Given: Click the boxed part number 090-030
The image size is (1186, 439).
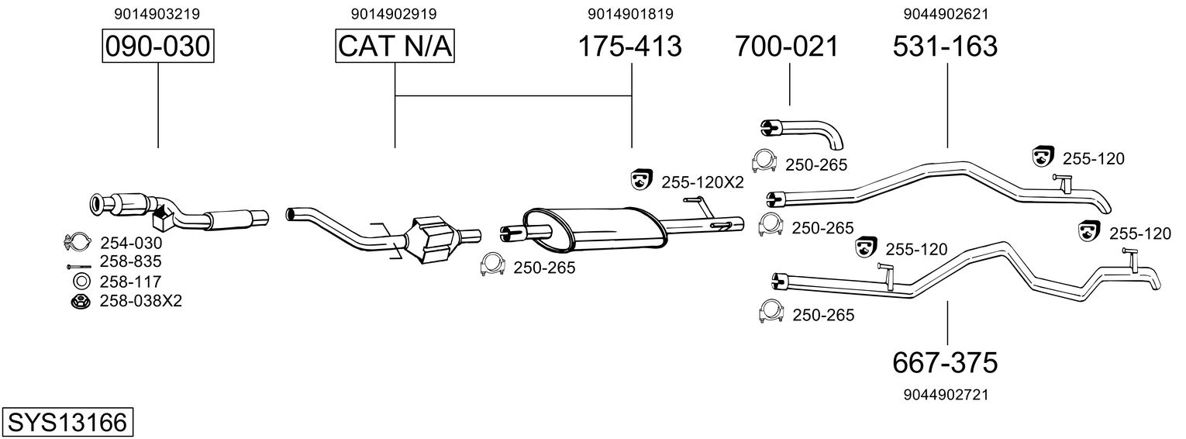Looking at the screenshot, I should click(158, 47).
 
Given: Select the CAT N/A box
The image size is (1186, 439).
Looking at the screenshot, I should click(395, 47).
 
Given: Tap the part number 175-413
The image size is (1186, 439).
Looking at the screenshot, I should click(630, 47).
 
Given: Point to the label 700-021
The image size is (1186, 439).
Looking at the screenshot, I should click(787, 47).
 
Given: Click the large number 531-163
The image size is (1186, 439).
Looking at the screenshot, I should click(945, 47).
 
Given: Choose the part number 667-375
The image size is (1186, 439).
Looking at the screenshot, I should click(945, 361).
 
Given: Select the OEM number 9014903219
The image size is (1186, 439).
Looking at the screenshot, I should click(157, 14).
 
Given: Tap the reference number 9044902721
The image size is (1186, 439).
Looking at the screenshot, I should click(945, 395).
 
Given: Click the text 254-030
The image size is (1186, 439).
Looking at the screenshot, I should click(131, 243).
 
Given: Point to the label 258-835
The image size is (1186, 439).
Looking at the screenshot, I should click(131, 261).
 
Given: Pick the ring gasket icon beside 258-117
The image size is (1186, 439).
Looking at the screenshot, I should click(80, 281).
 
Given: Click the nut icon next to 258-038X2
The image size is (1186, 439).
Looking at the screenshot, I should click(78, 301).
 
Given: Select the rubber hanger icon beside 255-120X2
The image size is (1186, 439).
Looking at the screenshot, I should click(641, 181).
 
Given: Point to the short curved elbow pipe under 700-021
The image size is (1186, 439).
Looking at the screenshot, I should click(806, 132).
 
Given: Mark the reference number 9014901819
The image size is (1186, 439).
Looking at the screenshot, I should click(630, 14).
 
